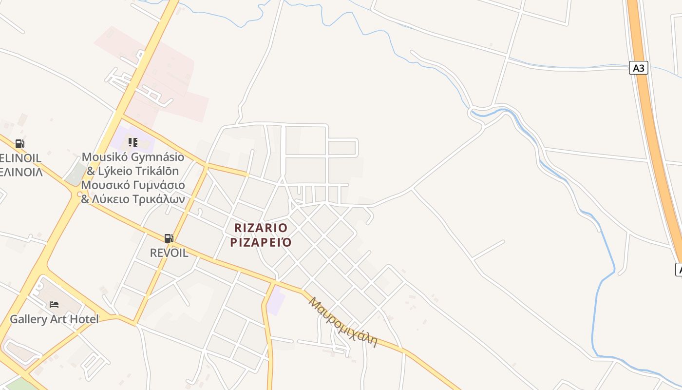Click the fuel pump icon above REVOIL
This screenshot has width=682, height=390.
tap(169, 238)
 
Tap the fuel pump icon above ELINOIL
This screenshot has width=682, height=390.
tap(19, 144)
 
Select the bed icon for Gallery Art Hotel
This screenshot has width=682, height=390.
tap(54, 305)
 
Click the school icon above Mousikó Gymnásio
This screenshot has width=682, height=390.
tap(133, 142)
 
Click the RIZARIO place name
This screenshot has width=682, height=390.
tap(261, 228)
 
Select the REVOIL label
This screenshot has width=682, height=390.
tap(169, 253)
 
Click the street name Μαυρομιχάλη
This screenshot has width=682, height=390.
tap(344, 322)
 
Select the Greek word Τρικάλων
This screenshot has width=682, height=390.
tap(158, 199)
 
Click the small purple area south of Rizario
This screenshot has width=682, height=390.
tap(276, 300)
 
